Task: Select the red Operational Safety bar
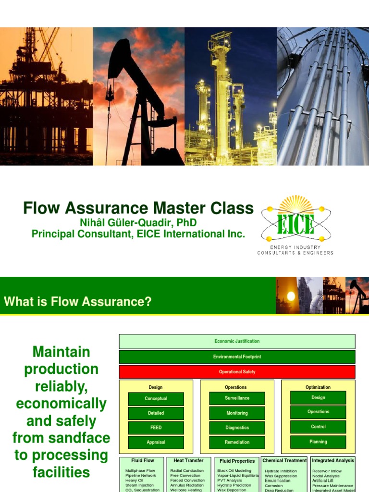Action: tap(237, 371)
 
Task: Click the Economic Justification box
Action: tap(237, 341)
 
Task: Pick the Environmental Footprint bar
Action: tap(237, 357)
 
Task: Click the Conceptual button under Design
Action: tap(156, 399)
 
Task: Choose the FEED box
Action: tap(156, 428)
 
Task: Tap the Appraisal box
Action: tap(156, 442)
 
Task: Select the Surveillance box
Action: tap(237, 398)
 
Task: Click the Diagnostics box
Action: tap(237, 428)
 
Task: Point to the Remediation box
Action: tap(237, 442)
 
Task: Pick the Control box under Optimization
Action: tap(318, 427)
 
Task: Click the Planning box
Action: tap(318, 442)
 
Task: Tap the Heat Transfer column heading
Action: tap(188, 461)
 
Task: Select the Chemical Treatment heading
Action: tap(284, 461)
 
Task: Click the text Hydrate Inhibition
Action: tap(281, 471)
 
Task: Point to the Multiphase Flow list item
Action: tap(140, 471)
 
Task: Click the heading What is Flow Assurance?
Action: tap(78, 302)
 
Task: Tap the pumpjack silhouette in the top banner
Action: tap(135, 96)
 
